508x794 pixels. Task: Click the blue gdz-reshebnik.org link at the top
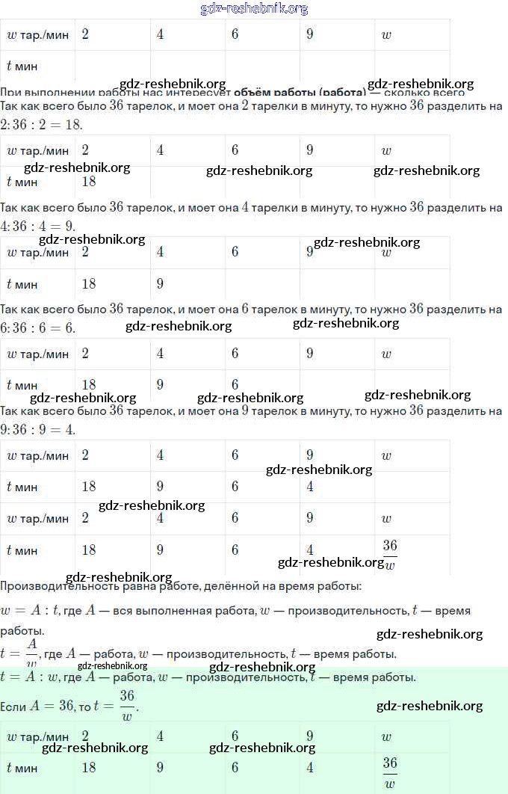click(254, 9)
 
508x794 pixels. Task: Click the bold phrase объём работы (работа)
click(300, 93)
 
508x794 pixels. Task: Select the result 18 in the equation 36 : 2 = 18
click(72, 124)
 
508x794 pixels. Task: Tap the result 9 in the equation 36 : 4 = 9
click(69, 226)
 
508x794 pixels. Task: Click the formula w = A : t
click(30, 611)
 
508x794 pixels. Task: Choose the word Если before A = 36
click(13, 706)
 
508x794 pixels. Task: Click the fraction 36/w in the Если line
click(127, 705)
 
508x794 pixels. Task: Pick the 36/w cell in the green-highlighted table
click(390, 772)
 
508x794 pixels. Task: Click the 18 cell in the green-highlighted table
click(89, 768)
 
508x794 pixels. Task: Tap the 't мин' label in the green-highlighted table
click(22, 768)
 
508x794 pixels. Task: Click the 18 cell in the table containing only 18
click(89, 182)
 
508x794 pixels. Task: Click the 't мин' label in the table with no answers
click(22, 66)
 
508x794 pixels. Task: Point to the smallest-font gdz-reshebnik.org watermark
click(112, 665)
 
